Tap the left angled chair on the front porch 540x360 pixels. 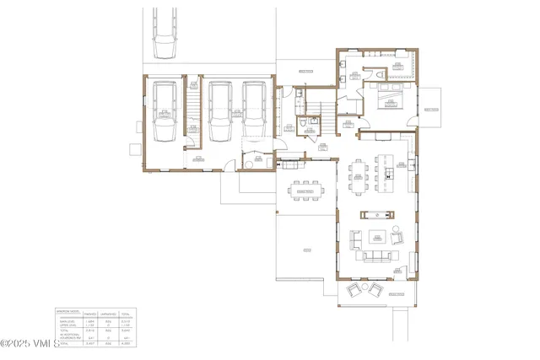click(x=355, y=290)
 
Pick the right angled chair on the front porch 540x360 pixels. click(x=375, y=290)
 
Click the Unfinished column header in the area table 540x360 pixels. click(x=108, y=314)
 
